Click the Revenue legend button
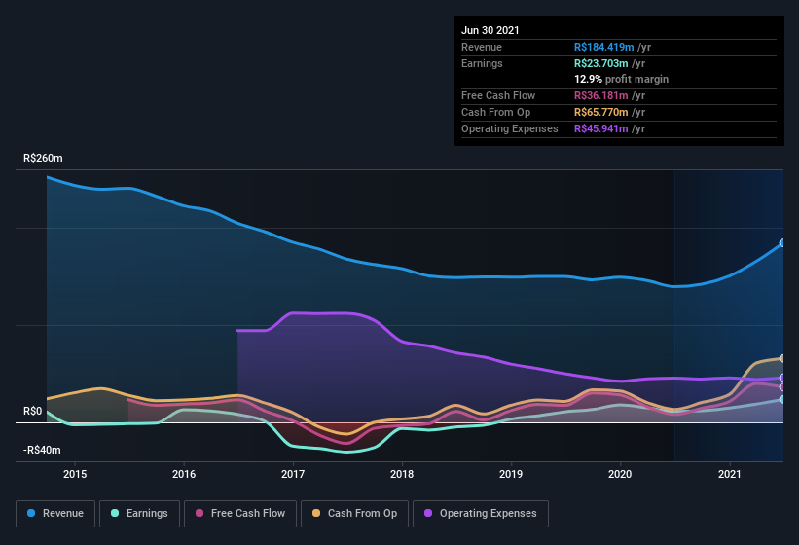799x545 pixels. point(55,513)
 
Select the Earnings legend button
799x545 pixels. point(138,513)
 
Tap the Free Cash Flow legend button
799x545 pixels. point(240,513)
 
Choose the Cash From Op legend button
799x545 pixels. point(355,513)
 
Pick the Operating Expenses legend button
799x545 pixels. point(480,513)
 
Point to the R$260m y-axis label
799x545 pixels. point(43,158)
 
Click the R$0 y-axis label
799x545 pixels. point(34,412)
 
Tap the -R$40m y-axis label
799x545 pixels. point(42,451)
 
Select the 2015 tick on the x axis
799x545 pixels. point(75,474)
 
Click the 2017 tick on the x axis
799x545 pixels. point(293,474)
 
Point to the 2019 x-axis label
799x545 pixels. point(512,474)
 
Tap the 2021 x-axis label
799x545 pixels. point(730,474)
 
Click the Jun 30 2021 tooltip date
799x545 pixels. point(490,30)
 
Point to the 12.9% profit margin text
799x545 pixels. point(621,79)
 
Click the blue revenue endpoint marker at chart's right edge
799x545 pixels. point(781,243)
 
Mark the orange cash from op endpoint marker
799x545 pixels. point(781,359)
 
